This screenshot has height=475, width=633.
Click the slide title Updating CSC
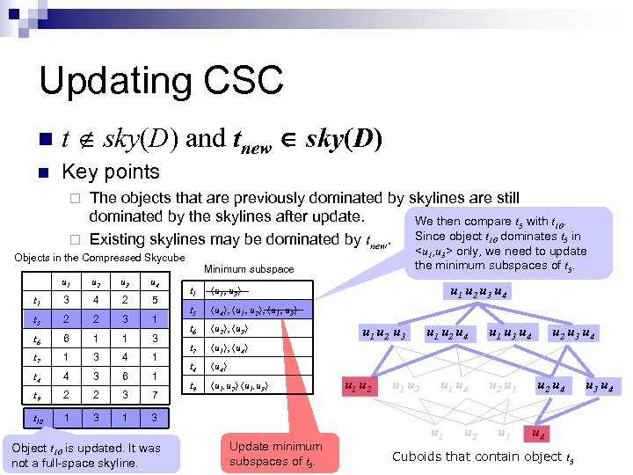coord(161,80)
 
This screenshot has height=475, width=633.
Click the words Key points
coord(112,172)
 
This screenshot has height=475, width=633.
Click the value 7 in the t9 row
coord(154,396)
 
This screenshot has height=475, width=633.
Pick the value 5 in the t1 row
coord(154,300)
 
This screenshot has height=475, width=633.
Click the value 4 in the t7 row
coord(125,357)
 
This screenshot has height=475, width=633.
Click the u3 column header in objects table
coord(125,282)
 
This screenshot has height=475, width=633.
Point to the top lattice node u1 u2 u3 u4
coord(481,293)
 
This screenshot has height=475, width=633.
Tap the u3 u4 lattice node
coord(599,386)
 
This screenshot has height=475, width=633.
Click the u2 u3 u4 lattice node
coord(572,333)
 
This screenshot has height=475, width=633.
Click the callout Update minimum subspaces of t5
coord(275,453)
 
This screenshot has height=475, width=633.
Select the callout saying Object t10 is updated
coord(87,455)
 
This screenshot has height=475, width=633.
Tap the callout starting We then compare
coord(500,243)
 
